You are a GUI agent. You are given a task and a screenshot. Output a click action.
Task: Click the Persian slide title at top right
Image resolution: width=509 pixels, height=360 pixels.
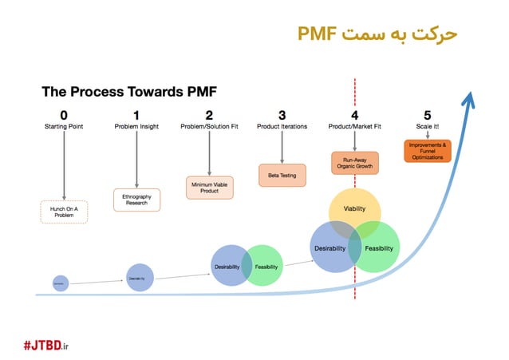[x=378, y=34]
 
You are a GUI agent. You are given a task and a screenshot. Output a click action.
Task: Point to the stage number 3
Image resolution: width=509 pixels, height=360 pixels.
[x=282, y=115]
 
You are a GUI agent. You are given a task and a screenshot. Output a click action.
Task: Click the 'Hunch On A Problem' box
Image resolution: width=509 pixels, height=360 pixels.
[x=64, y=212]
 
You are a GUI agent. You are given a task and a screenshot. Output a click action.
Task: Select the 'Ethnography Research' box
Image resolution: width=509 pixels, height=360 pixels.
[x=137, y=200]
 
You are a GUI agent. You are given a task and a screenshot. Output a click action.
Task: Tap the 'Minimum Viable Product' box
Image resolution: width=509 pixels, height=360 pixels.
[x=209, y=187]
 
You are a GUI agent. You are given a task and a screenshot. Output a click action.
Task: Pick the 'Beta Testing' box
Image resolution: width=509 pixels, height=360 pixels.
[x=282, y=175]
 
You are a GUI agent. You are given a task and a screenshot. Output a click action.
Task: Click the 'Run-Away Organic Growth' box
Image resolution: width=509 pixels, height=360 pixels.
[x=355, y=164]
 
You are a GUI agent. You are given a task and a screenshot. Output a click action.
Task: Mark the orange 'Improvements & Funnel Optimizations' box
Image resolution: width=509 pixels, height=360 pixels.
[x=428, y=151]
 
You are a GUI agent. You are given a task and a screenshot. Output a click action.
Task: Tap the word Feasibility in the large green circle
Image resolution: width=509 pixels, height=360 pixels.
[x=379, y=249]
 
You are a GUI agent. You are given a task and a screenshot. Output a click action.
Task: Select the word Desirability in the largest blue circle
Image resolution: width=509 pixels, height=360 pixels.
[x=329, y=249]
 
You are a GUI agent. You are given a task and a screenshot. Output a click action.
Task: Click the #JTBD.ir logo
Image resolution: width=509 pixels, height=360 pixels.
[x=58, y=344]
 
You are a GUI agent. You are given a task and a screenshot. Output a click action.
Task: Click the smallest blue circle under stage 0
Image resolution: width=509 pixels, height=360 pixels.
[x=58, y=282]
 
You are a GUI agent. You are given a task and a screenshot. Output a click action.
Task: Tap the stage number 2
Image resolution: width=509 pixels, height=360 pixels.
[x=209, y=115]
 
